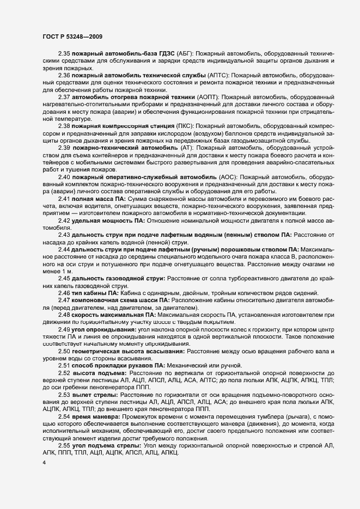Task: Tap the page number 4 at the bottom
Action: (45, 463)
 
